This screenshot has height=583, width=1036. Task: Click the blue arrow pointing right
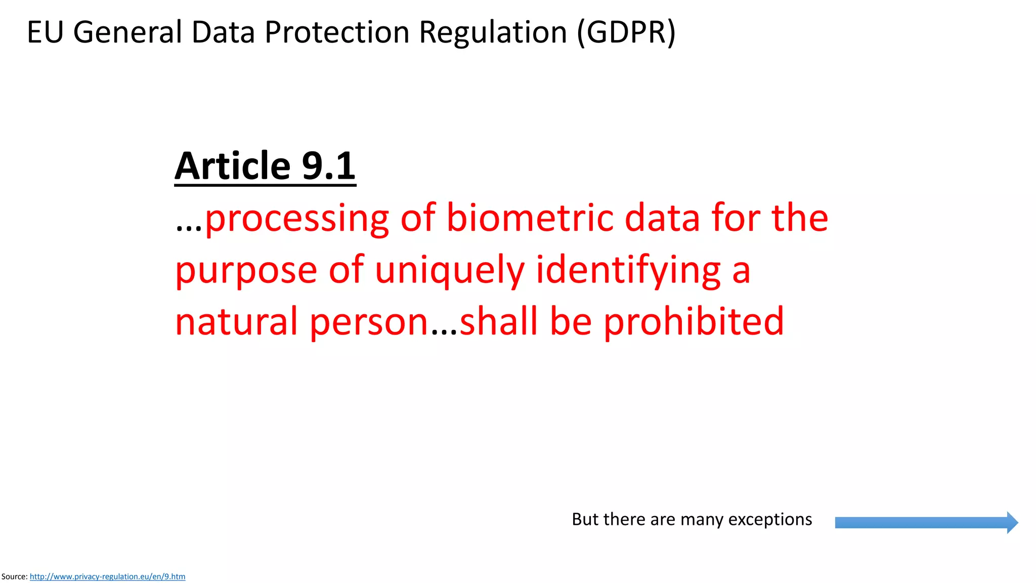click(926, 522)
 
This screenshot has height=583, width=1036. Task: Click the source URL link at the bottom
click(107, 576)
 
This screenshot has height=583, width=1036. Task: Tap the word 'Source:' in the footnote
click(14, 576)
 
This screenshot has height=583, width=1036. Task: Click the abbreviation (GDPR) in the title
click(626, 32)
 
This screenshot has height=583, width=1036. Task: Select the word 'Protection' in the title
click(336, 32)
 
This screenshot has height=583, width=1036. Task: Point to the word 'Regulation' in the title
click(493, 32)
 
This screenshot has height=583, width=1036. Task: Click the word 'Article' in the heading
click(232, 166)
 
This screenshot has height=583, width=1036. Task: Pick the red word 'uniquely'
click(450, 270)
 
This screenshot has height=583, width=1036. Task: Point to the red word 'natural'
click(236, 322)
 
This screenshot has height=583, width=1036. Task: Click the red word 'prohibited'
click(694, 322)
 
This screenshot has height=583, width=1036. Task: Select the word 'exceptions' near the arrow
click(770, 519)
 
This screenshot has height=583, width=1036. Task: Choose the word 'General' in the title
click(127, 32)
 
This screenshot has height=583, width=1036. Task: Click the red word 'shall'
click(499, 322)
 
